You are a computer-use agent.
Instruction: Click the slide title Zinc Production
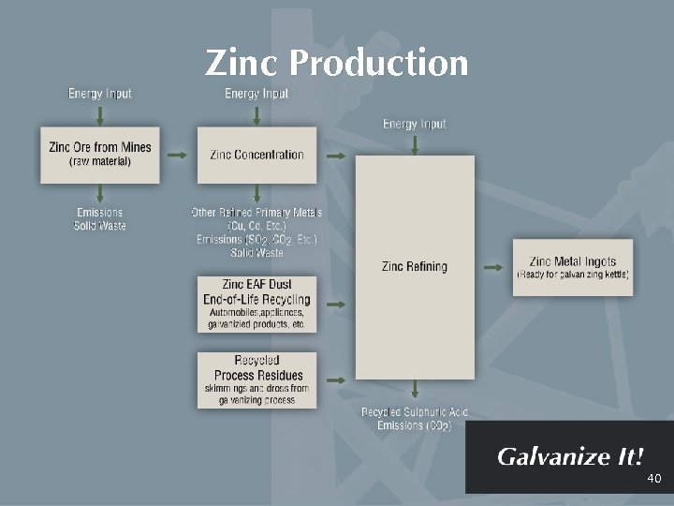click(x=336, y=63)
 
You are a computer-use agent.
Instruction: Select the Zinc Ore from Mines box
click(x=100, y=154)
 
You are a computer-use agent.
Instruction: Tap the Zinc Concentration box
click(x=256, y=155)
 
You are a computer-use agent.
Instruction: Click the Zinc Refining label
click(x=415, y=266)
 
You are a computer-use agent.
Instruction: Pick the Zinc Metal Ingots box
click(x=572, y=267)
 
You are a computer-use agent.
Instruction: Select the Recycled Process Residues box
click(x=256, y=379)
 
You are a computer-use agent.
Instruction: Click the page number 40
click(x=653, y=479)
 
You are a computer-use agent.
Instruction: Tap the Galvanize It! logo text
click(x=570, y=457)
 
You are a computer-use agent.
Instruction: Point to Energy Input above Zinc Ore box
click(x=100, y=94)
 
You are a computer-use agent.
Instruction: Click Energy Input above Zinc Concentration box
click(x=256, y=94)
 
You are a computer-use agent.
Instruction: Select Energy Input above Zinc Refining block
click(x=415, y=124)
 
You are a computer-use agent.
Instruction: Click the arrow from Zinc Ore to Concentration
click(x=178, y=155)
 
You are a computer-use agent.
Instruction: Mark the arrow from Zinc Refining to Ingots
click(x=494, y=267)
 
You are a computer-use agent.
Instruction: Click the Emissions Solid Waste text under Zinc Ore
click(x=99, y=219)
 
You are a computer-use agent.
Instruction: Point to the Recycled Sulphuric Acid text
click(x=415, y=412)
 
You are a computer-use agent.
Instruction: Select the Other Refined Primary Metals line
click(x=256, y=213)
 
